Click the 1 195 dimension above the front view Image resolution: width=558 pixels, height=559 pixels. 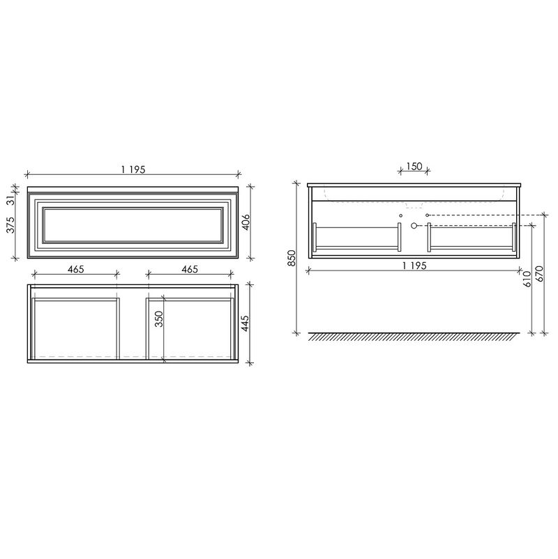coord(133,169)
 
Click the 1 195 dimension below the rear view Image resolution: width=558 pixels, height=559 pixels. coord(414,266)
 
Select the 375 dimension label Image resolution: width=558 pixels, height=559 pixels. coord(11,225)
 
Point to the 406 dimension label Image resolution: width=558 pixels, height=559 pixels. coord(246,222)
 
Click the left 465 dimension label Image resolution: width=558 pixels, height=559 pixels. coord(75,269)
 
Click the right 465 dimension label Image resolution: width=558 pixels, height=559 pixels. coord(190,269)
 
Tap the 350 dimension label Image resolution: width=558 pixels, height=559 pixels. coord(159,319)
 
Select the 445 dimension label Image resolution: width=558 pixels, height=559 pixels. coord(246,323)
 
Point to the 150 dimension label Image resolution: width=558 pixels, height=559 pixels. coord(414,166)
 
